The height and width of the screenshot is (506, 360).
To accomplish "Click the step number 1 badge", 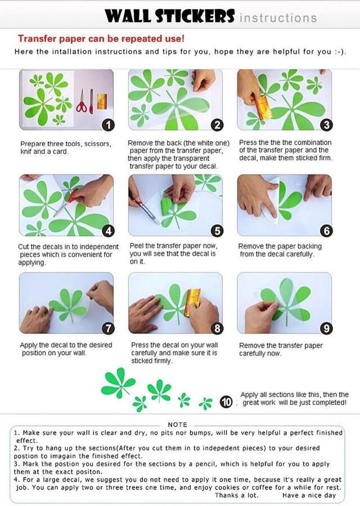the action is point(108,125).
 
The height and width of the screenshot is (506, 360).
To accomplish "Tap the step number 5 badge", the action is point(217,231).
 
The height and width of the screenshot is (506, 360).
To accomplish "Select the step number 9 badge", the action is point(326,328).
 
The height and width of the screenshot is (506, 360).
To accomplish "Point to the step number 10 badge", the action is point(226,402).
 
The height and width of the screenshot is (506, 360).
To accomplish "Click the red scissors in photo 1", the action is point(82,102).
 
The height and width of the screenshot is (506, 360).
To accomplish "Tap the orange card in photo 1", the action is point(102,101).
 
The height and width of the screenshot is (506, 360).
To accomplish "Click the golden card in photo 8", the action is point(193,302).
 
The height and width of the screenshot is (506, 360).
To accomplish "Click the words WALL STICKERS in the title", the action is point(169,16).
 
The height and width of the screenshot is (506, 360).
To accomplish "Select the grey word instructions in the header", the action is point(278,18).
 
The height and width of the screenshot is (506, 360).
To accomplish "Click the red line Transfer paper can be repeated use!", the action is point(101,39).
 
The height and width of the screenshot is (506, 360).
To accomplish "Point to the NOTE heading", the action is point(177,424).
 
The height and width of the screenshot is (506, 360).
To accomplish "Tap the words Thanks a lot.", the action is point(237,495).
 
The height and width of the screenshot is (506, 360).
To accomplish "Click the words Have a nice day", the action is point(309,495).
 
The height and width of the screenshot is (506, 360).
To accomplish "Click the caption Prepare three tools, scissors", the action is point(66,144).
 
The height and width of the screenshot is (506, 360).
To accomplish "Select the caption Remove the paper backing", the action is point(280,246).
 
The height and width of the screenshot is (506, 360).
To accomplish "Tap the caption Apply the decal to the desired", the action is point(66,345).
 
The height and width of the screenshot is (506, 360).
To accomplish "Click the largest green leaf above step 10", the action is point(118,383).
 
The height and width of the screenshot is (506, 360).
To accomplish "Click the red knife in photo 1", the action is point(91,101).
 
